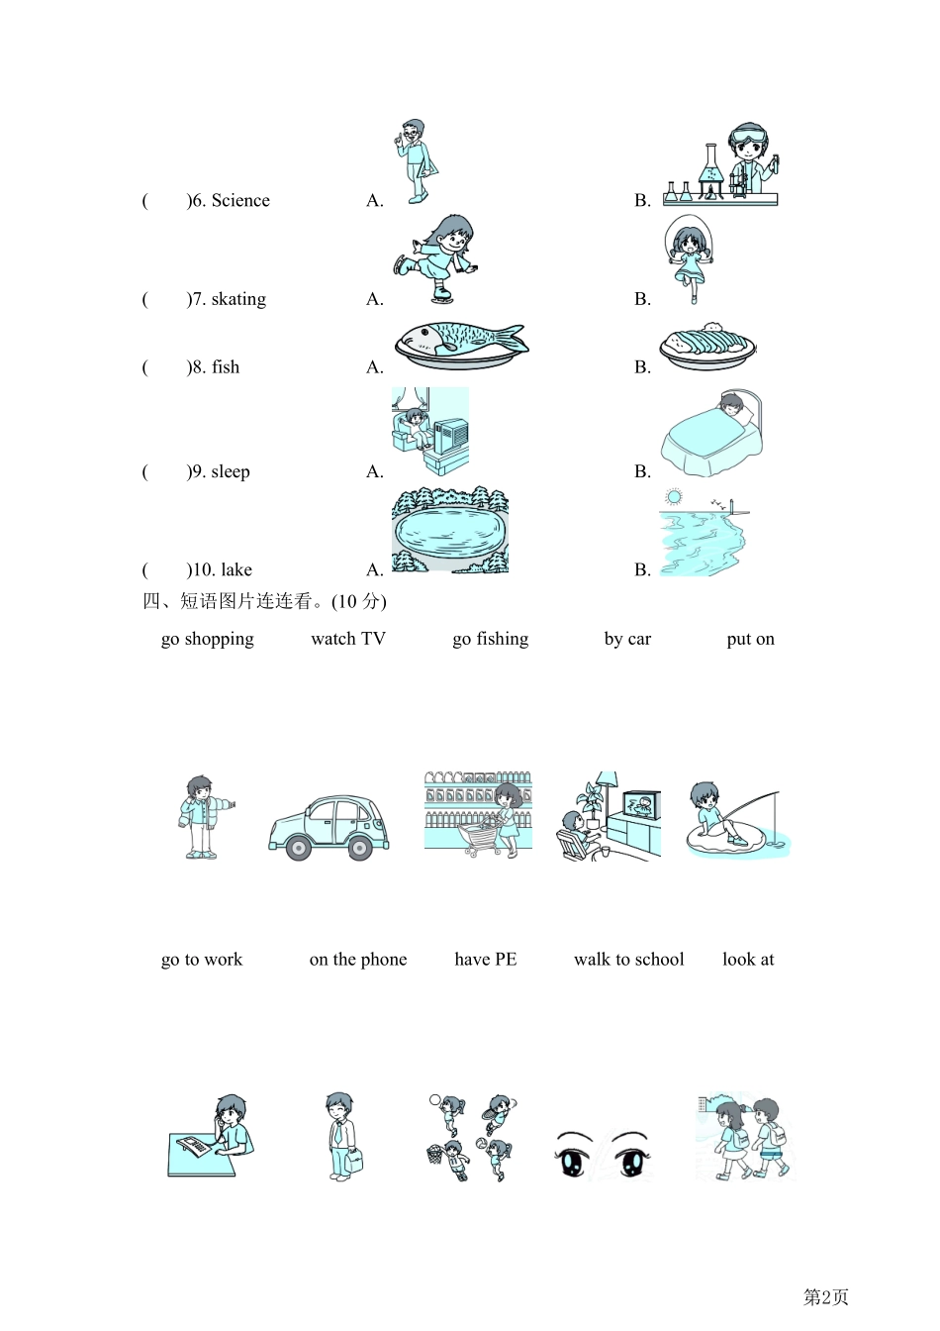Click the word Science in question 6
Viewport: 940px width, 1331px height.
(x=240, y=200)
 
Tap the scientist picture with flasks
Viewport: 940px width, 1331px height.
(x=720, y=165)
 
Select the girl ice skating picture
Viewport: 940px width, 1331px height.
(x=435, y=258)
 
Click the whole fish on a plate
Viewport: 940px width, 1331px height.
(x=461, y=346)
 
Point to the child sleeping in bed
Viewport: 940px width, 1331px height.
(x=711, y=433)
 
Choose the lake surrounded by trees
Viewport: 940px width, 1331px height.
(x=450, y=530)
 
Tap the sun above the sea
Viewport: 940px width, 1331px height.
(x=674, y=496)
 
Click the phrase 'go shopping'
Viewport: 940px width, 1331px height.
(x=207, y=639)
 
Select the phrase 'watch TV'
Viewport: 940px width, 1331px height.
(x=348, y=638)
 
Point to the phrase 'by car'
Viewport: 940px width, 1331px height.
(x=627, y=639)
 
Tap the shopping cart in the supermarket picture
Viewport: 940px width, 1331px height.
(x=482, y=837)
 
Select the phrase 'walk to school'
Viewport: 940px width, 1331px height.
(x=629, y=959)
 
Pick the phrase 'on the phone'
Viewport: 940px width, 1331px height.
(x=358, y=959)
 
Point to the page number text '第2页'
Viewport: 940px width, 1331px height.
(x=826, y=1296)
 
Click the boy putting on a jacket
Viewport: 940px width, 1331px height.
(x=204, y=817)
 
